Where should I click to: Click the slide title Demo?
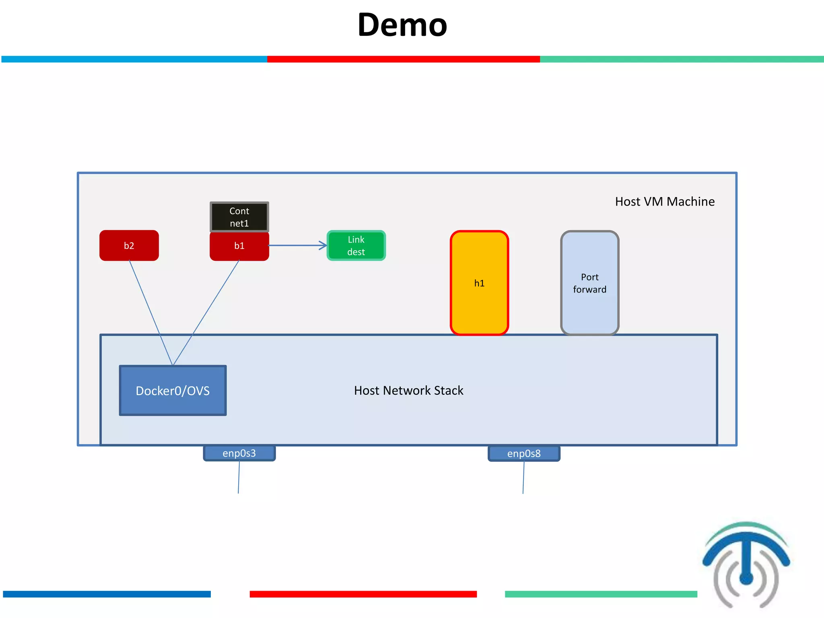[402, 25]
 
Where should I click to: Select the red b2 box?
[129, 245]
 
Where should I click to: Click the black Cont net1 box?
[239, 217]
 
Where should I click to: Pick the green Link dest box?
[356, 245]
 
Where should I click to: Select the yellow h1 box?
[479, 283]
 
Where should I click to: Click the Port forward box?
[589, 283]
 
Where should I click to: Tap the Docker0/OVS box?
[173, 390]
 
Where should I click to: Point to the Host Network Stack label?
[408, 390]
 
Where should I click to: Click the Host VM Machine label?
[665, 201]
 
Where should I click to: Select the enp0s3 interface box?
[239, 453]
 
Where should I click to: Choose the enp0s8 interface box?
[524, 453]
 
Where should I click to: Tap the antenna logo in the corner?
[746, 563]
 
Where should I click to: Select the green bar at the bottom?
[601, 594]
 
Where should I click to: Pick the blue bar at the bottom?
[107, 594]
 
